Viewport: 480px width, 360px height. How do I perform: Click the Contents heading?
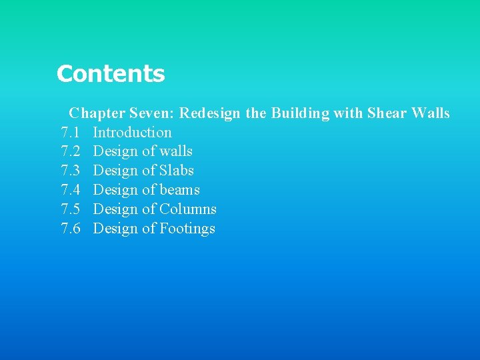(111, 73)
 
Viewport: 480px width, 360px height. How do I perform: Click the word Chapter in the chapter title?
(92, 113)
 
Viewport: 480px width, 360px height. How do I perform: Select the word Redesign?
(209, 113)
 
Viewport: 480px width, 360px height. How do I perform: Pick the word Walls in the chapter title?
(431, 113)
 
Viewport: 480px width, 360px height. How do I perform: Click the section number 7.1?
(71, 133)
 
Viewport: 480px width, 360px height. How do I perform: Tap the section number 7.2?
(71, 152)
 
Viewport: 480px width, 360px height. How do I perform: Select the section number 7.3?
(71, 171)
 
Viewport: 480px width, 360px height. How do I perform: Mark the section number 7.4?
(71, 190)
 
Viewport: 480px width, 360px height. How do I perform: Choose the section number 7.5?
(71, 209)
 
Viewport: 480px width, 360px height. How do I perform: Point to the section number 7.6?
(71, 229)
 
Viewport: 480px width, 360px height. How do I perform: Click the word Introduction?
(132, 133)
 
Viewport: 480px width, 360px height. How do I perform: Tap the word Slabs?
(177, 171)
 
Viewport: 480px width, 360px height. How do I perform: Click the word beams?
(179, 190)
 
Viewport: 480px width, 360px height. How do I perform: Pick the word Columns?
(188, 209)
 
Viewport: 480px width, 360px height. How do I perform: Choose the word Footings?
(187, 229)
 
